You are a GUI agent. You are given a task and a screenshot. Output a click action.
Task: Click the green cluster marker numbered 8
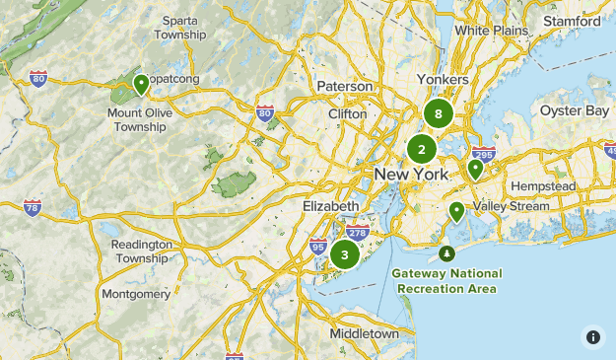pos(439,113)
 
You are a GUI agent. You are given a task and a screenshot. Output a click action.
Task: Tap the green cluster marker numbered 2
pos(422,150)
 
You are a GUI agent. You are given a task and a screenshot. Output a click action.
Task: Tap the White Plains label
pos(485,31)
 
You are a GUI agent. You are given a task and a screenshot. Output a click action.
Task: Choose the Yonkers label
pos(443,79)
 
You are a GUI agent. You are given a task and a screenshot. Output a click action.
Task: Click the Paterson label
pos(345,87)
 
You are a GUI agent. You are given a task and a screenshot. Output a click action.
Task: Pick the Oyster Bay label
pos(575,110)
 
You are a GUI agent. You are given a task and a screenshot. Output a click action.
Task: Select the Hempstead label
pos(535,186)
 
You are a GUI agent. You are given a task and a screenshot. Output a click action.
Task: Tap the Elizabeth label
pos(331,205)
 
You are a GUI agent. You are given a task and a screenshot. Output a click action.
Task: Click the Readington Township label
pos(142,251)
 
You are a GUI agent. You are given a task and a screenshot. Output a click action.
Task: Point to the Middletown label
pos(365,333)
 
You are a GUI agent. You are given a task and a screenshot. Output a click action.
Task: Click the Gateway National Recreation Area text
pos(446,281)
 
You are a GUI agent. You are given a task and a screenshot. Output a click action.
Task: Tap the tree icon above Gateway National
pos(447,253)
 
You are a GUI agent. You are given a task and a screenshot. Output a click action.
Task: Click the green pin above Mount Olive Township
pos(142,84)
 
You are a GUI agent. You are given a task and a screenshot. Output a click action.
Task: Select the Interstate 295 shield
pos(483,155)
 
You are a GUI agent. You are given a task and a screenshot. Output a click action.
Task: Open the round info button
pos(592,336)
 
